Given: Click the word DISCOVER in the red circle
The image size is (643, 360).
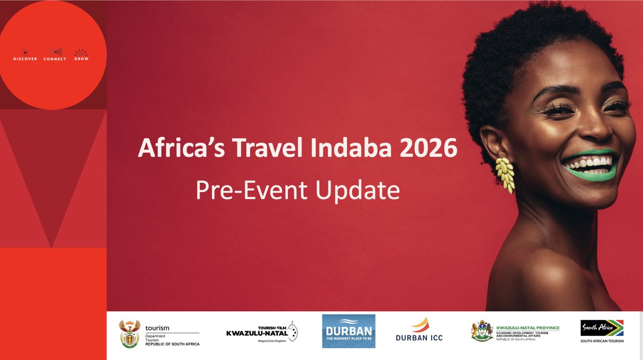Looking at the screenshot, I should [x=25, y=59].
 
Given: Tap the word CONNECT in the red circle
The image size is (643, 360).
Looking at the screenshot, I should [x=55, y=59].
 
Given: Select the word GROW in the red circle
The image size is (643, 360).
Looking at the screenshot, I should [x=81, y=59].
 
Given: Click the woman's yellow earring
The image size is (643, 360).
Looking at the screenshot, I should [x=505, y=175].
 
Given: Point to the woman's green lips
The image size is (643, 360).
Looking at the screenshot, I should [x=589, y=164].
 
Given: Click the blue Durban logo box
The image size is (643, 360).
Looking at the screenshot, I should [x=348, y=331].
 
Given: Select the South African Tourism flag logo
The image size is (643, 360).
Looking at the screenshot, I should [x=602, y=328].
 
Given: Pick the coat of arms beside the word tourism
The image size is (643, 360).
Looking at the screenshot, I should [x=129, y=332].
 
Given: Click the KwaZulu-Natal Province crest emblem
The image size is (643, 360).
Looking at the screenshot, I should [x=481, y=331].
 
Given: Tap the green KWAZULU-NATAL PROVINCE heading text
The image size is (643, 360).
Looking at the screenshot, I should [x=528, y=327].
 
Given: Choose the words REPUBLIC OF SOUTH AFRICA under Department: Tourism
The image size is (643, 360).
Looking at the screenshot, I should [x=172, y=343].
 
